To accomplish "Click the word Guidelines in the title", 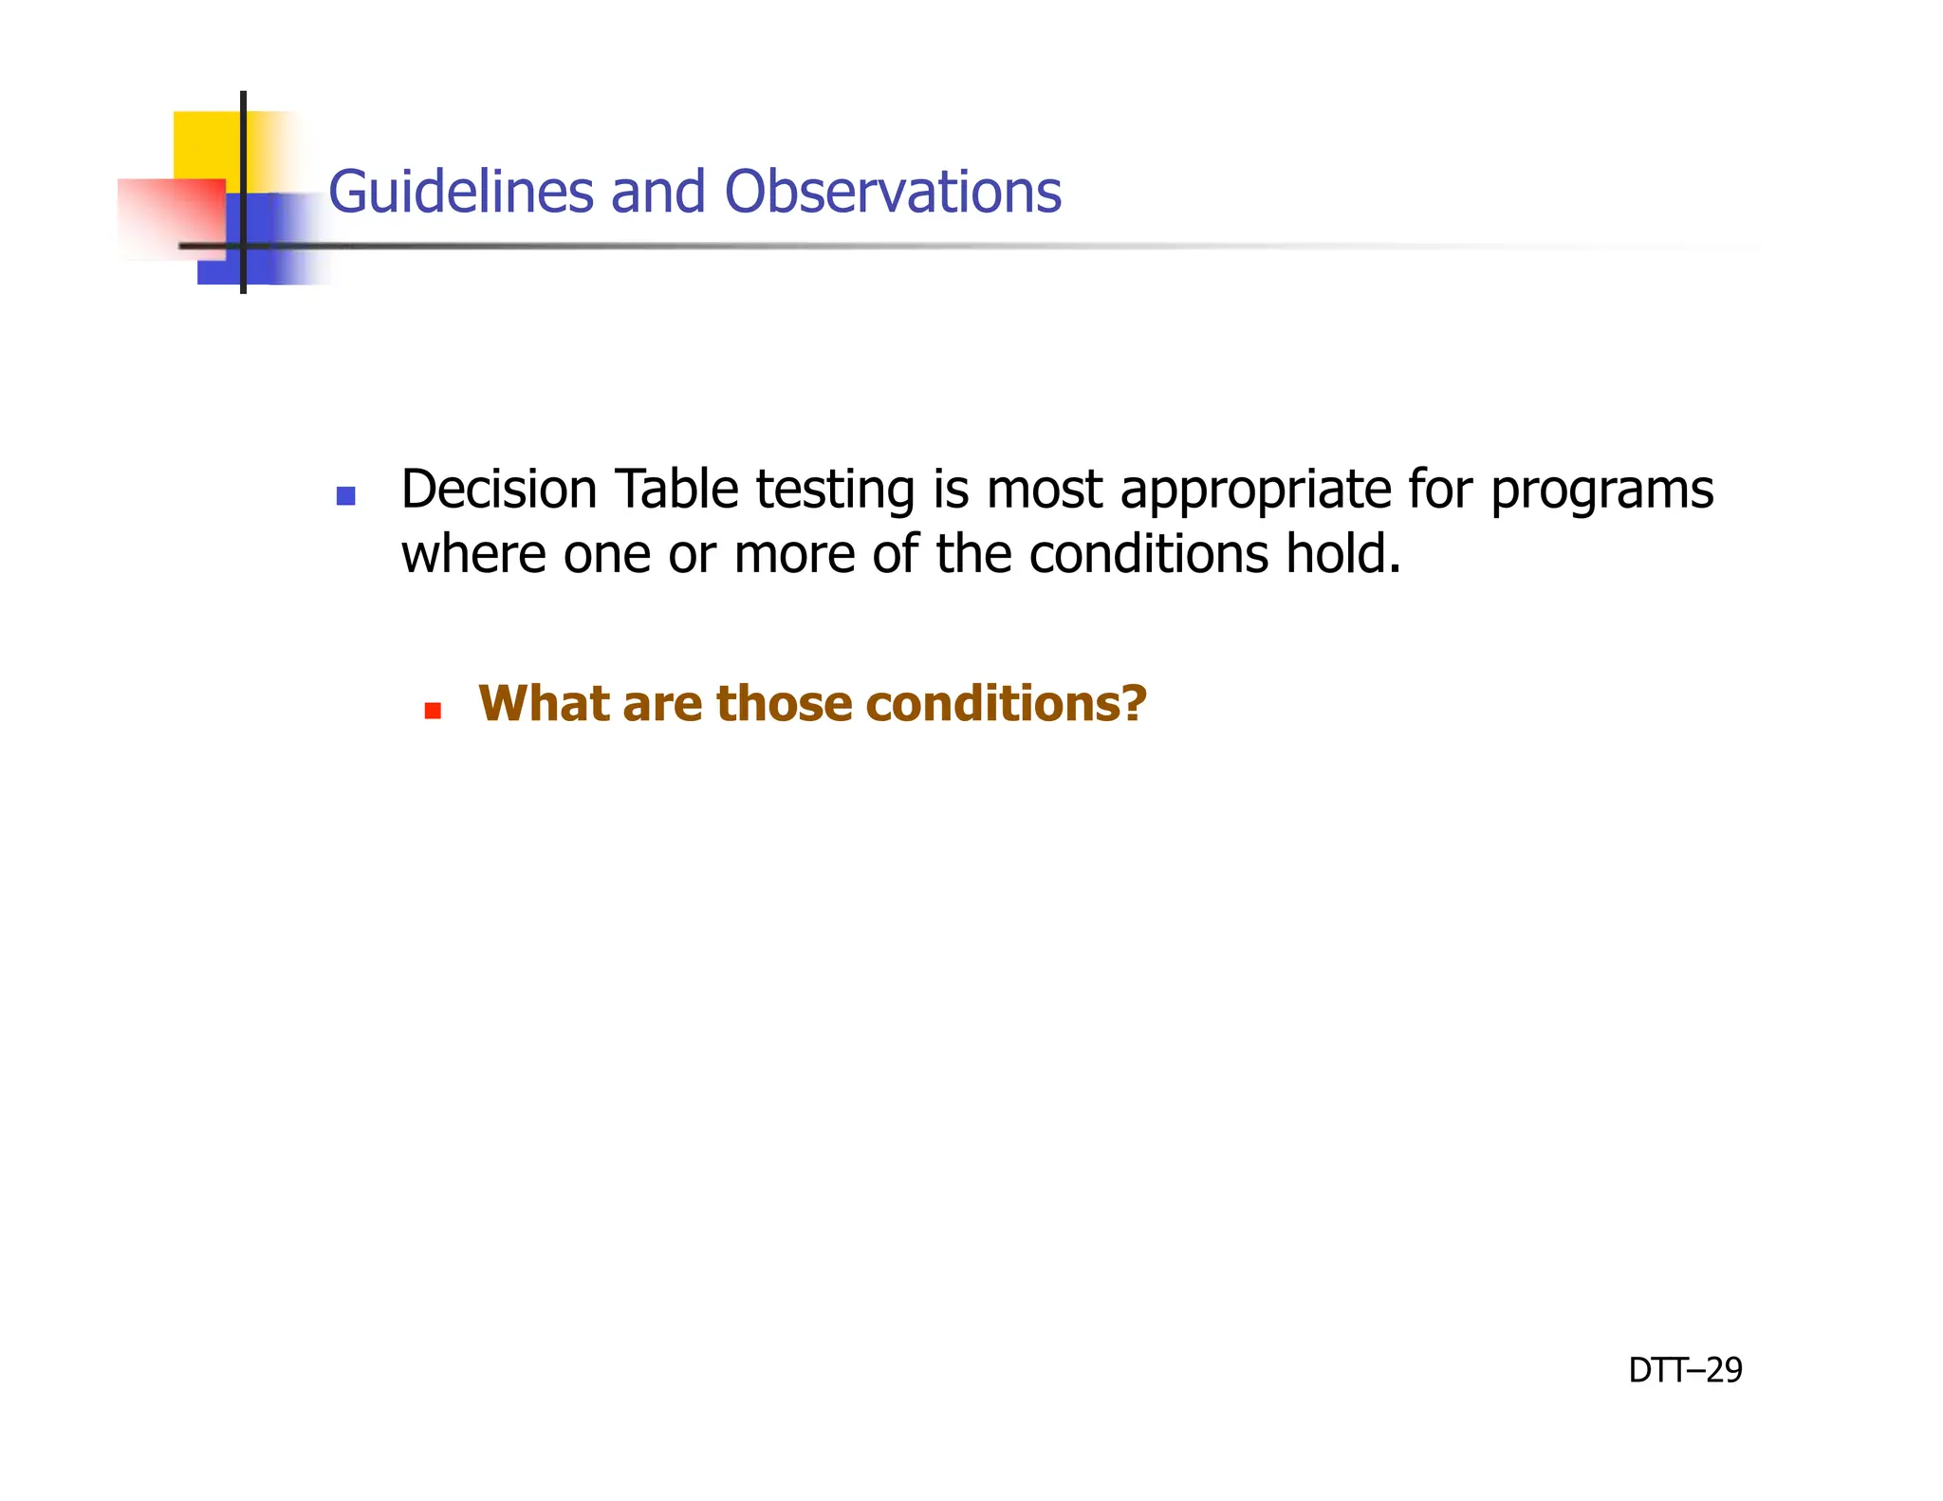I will [460, 192].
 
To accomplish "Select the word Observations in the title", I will [892, 192].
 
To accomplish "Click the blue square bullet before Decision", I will [346, 495].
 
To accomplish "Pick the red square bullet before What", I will [433, 711].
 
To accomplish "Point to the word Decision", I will [499, 490].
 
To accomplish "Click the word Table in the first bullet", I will [676, 490].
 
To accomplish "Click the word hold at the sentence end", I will [1340, 554].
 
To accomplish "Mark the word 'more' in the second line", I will [794, 556].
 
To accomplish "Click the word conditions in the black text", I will [1148, 554].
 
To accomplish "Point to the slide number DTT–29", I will [1685, 1370].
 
